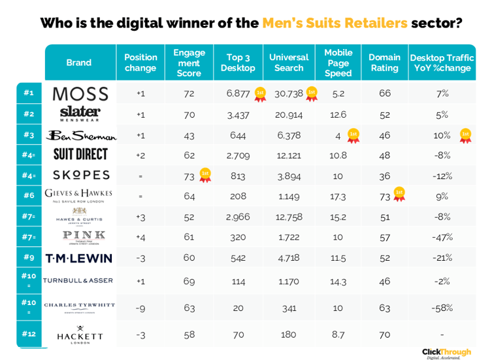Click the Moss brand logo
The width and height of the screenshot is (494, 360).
[80, 93]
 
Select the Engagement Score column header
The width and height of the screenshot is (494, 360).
[189, 63]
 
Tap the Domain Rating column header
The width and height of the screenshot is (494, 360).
[384, 63]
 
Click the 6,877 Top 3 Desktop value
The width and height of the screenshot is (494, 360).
[238, 93]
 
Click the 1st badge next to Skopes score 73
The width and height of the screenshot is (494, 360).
[205, 174]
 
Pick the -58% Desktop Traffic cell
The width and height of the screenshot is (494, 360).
[442, 308]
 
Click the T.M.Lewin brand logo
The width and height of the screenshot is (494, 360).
[79, 258]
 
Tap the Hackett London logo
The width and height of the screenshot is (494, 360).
[79, 334]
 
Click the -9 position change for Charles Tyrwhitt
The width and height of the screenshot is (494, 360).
[140, 308]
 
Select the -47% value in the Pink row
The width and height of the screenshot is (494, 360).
[442, 237]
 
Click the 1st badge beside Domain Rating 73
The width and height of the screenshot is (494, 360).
[399, 193]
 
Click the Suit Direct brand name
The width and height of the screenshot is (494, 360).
[80, 155]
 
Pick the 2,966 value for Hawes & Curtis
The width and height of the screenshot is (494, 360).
[238, 216]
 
